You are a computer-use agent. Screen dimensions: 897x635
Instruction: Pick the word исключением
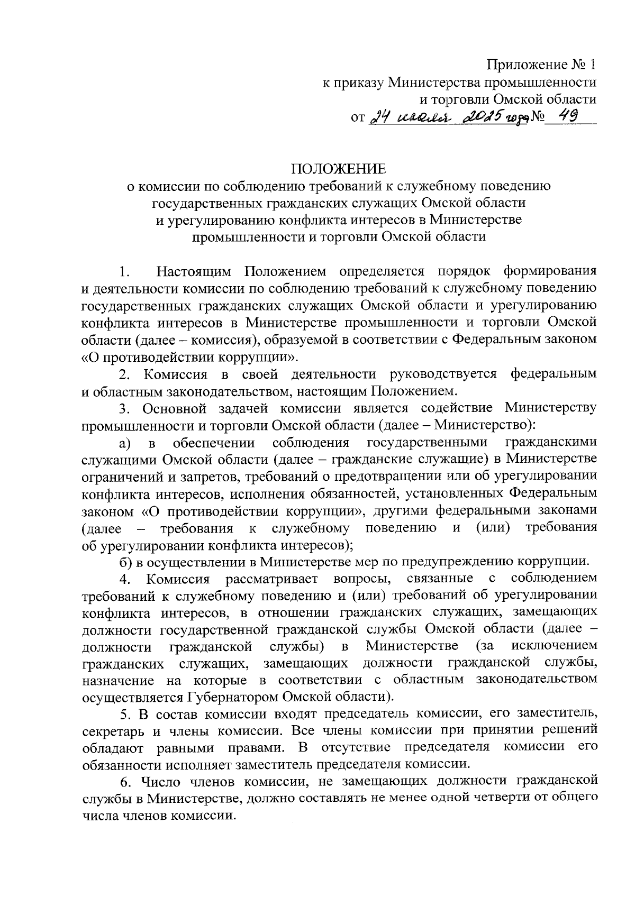[554, 646]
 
